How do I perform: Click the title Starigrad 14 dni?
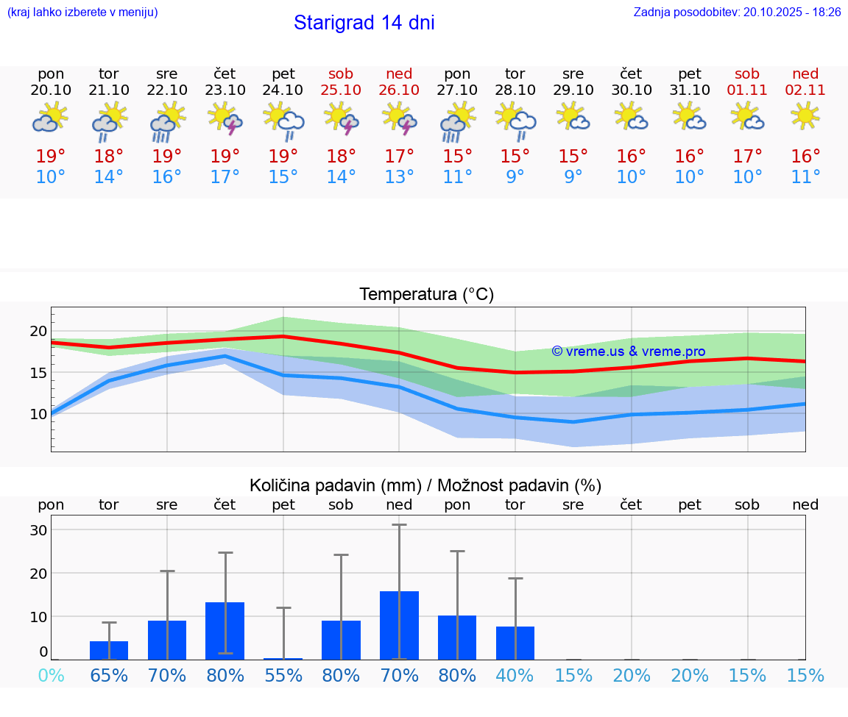[x=364, y=23]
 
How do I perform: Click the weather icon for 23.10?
[x=225, y=118]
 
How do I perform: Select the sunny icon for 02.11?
[x=805, y=116]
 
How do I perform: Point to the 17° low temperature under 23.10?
[x=225, y=177]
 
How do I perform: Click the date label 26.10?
[x=399, y=90]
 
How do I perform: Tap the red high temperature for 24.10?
[x=283, y=157]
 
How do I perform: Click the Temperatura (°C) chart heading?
[x=426, y=295]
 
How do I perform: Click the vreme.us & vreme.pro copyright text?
[x=629, y=352]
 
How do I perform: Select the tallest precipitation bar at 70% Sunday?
[x=399, y=625]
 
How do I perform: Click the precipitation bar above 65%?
[x=109, y=650]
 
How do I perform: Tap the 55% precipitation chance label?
[x=283, y=676]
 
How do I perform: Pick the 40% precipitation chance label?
[x=515, y=676]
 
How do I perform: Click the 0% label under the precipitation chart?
[x=51, y=676]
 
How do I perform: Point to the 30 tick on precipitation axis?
[x=38, y=530]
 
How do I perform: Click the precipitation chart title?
[x=425, y=485]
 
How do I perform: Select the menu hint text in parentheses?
[x=82, y=12]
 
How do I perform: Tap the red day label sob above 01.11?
[x=747, y=74]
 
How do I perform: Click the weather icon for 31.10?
[x=690, y=116]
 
